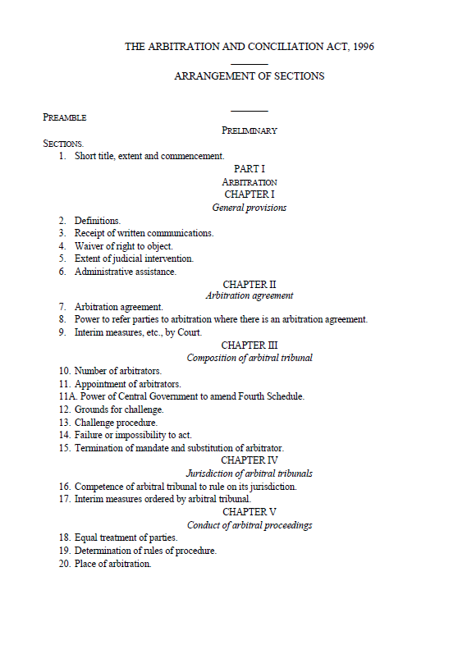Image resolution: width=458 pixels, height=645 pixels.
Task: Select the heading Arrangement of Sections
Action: pos(249,76)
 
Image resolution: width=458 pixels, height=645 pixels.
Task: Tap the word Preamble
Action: pos(65,117)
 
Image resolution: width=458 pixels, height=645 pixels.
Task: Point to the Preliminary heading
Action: pos(249,130)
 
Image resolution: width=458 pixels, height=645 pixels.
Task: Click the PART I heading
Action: pos(249,169)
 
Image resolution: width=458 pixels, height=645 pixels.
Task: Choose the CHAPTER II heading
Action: pos(249,285)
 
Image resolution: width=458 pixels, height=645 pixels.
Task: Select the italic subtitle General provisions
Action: pos(249,208)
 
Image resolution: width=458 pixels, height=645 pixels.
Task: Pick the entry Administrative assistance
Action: pos(125,272)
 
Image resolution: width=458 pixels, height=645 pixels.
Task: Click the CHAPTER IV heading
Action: pos(249,460)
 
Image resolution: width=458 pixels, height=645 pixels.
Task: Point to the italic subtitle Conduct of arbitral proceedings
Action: pos(249,525)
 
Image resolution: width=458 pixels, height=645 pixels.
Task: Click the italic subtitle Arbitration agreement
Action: pos(249,295)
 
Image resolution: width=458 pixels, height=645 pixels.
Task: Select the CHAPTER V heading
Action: pos(249,512)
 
